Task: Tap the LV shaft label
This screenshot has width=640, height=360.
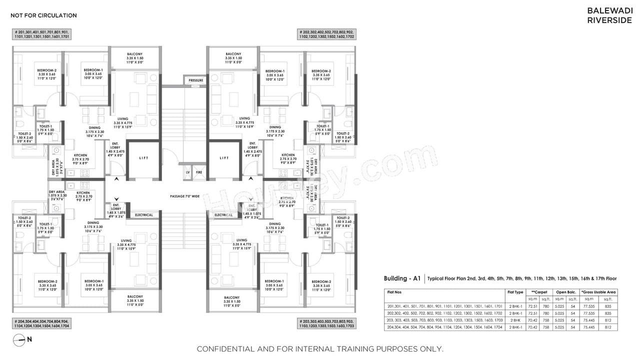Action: (188, 172)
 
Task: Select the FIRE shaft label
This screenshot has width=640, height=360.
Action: (198, 172)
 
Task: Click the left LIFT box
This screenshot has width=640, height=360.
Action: (143, 158)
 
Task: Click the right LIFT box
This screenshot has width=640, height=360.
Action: (224, 158)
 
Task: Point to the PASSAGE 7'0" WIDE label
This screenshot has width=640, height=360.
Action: (184, 196)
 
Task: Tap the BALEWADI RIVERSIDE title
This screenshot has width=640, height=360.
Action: (610, 15)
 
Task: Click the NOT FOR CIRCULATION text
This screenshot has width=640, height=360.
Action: (44, 15)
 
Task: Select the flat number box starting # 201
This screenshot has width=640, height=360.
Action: (42, 34)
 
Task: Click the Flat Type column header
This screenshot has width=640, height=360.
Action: (515, 292)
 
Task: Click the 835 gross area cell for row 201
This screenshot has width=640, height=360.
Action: (608, 306)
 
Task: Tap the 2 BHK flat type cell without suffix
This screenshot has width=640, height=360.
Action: (515, 320)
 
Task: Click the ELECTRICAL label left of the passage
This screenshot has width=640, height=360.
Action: (143, 215)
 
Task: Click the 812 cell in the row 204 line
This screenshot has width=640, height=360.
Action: (608, 327)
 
